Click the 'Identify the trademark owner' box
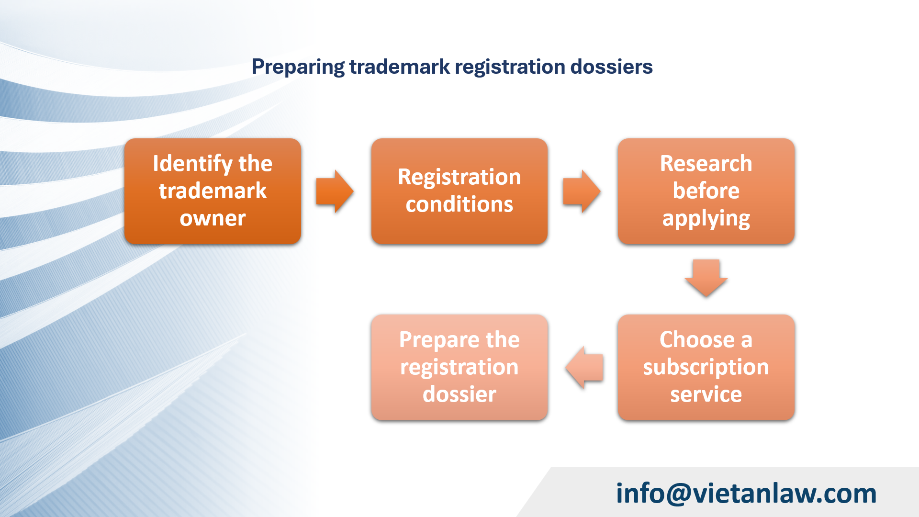[213, 191]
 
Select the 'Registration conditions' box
[459, 191]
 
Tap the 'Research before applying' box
[706, 191]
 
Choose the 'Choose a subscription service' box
[706, 367]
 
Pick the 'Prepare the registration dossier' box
[459, 367]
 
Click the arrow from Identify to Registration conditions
[335, 191]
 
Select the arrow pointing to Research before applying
[581, 191]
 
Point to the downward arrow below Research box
[706, 278]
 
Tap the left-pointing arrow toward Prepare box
[584, 367]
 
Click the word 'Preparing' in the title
[298, 67]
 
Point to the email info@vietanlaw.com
[746, 493]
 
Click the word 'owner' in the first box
[213, 219]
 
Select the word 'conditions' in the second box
[459, 205]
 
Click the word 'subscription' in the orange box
[706, 368]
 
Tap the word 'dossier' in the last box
[459, 394]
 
